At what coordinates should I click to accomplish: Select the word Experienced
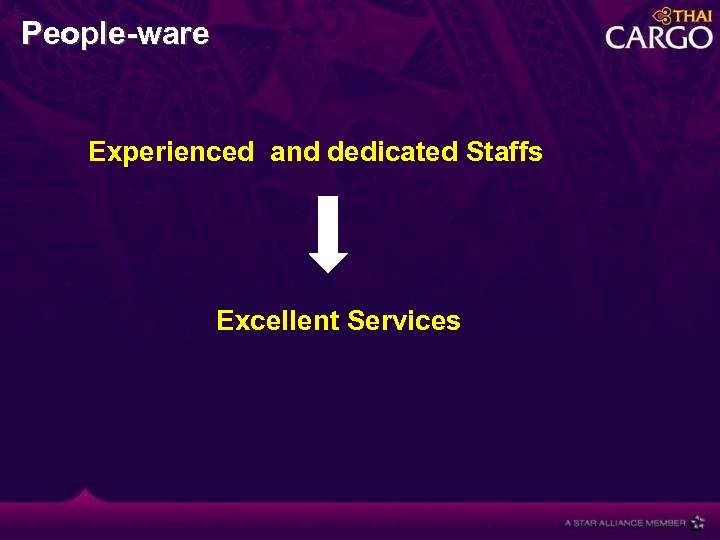point(171,152)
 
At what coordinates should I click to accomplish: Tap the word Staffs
point(504,152)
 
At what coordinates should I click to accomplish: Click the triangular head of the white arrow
point(328,261)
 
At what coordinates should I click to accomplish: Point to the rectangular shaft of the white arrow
point(328,223)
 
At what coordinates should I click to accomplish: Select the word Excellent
point(278,321)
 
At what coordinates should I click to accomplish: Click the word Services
point(404,321)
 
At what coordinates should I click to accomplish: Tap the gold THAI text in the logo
point(692,16)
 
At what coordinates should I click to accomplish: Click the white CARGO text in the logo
point(659,38)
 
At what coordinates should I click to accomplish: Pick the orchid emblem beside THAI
point(661,15)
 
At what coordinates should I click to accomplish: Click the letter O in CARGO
point(698,38)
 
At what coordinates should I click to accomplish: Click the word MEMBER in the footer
point(666,523)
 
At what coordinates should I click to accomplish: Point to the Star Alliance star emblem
point(698,522)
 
